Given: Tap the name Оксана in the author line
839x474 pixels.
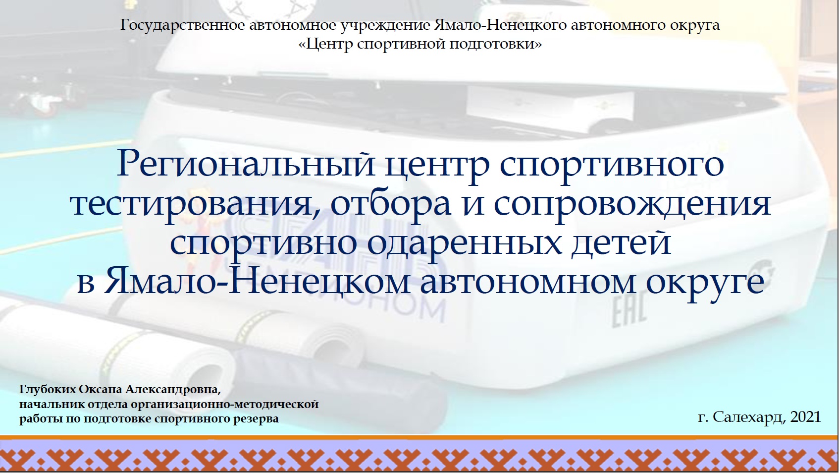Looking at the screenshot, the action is click(101, 390).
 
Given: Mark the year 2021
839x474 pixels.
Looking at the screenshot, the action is click(806, 417).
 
